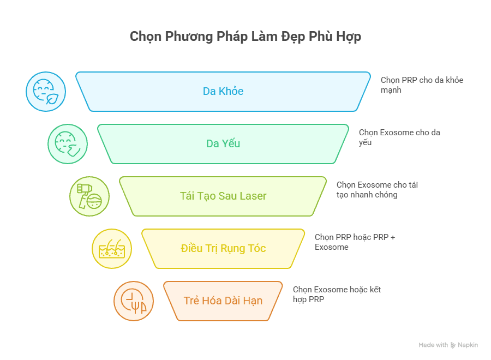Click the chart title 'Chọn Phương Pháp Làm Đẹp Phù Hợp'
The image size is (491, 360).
click(245, 37)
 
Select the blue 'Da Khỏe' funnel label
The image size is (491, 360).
click(223, 91)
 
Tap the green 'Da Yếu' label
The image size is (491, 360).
click(223, 143)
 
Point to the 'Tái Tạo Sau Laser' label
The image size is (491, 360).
click(223, 196)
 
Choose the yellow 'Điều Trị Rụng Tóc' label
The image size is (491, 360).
click(223, 248)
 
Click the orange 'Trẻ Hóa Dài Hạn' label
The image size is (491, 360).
click(223, 301)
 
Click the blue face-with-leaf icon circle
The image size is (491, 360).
click(46, 92)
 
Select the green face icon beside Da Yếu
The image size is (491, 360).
click(68, 143)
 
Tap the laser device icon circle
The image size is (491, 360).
click(89, 196)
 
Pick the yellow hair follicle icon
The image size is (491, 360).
click(112, 249)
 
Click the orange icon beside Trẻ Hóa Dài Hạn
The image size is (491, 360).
click(134, 301)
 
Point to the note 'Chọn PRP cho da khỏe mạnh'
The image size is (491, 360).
click(422, 85)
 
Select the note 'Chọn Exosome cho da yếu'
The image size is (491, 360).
click(399, 137)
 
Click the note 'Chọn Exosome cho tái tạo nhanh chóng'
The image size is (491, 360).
click(377, 190)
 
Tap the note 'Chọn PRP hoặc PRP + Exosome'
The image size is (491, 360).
click(355, 242)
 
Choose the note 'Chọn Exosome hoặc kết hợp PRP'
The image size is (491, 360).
click(337, 294)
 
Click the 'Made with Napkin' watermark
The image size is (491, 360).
click(448, 345)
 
